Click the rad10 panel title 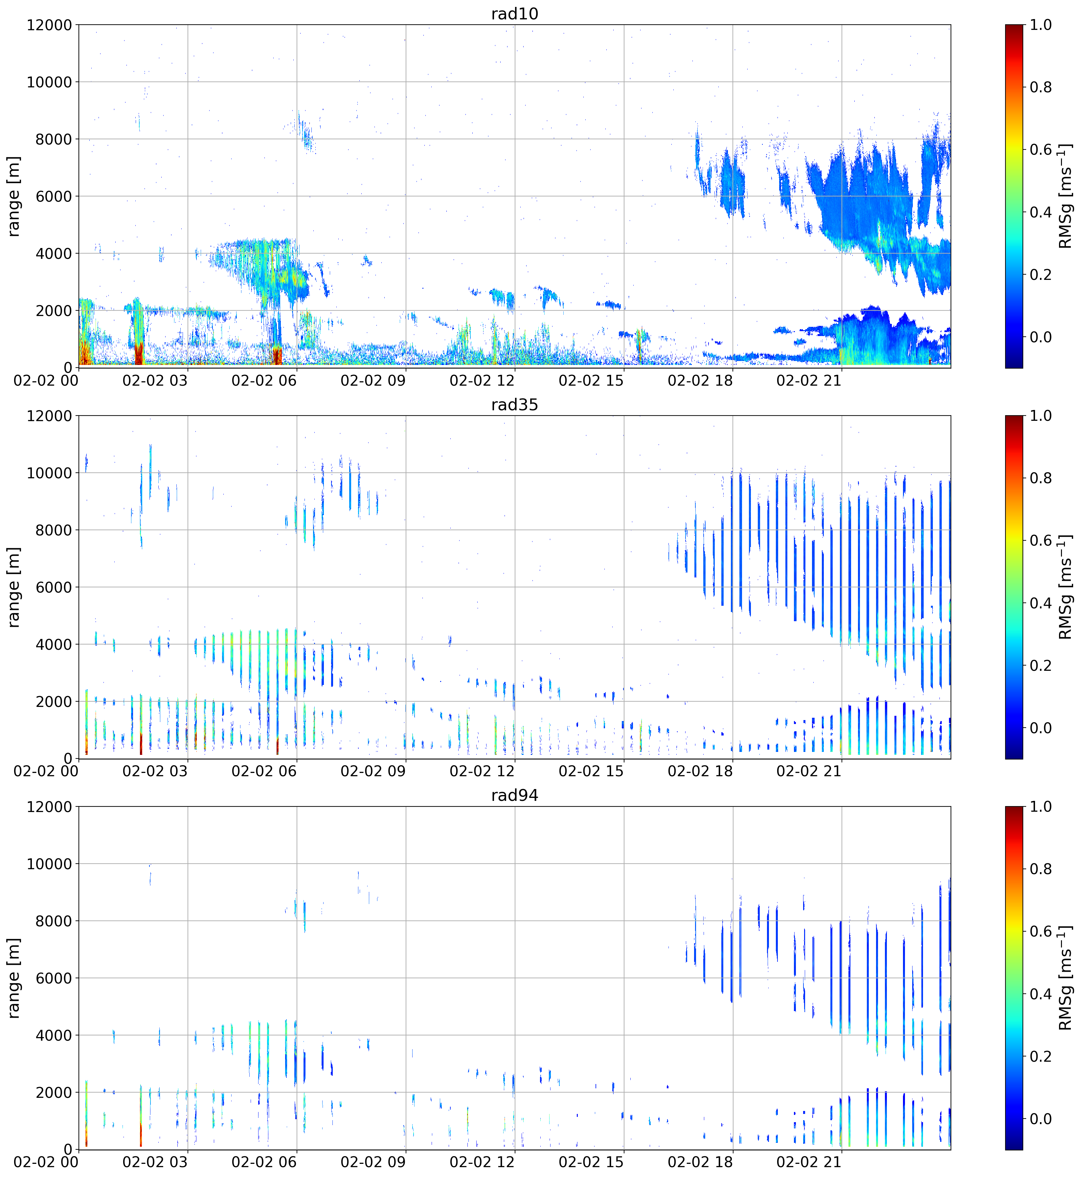coord(515,13)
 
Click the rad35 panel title coord(515,405)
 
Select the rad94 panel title coord(515,795)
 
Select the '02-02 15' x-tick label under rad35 coord(591,771)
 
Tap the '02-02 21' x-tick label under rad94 coord(809,1162)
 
